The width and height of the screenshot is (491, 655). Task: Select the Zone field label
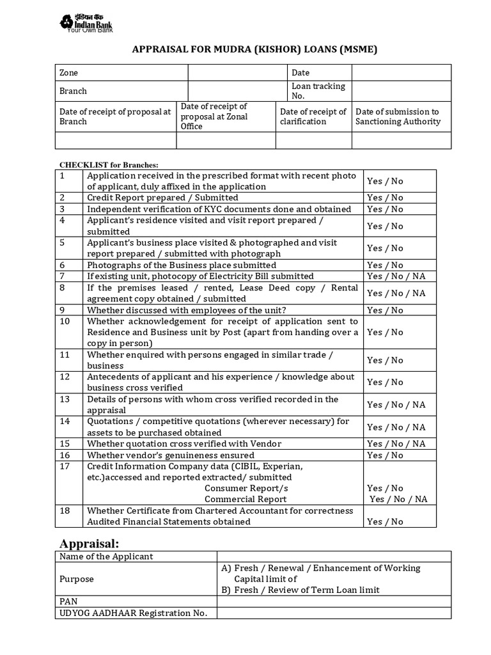(69, 73)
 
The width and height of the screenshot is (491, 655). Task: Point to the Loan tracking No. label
(318, 91)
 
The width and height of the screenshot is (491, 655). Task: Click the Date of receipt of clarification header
(313, 116)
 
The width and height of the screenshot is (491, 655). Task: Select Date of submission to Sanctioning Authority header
(398, 116)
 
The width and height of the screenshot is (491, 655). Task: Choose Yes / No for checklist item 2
(386, 198)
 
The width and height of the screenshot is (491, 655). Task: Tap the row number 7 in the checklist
(63, 276)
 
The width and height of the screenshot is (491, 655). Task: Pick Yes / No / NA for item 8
(396, 293)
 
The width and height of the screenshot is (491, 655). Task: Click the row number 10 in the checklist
(65, 321)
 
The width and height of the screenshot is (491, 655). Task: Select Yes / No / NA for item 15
(396, 444)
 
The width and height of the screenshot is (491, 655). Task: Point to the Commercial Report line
(245, 499)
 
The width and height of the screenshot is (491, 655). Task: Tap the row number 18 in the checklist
(65, 511)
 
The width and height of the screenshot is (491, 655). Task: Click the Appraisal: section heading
(90, 544)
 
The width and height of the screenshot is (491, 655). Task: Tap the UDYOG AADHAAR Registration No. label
(134, 613)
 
